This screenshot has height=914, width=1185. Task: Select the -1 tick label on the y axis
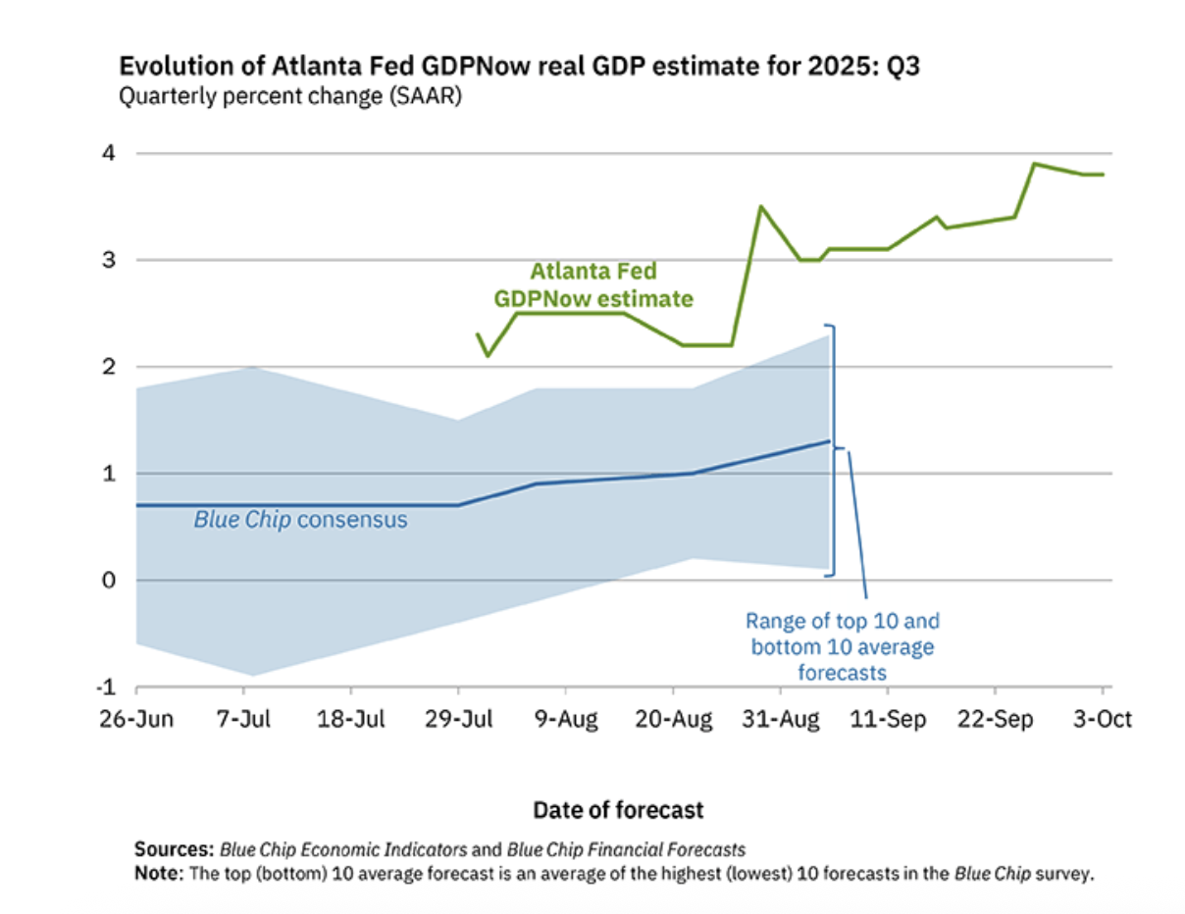(x=110, y=685)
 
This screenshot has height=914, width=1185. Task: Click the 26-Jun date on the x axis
(x=135, y=720)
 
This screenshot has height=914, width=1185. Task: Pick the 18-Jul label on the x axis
(x=351, y=720)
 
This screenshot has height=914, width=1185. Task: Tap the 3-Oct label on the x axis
(x=1101, y=720)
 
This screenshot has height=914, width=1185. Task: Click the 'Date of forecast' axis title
(x=618, y=810)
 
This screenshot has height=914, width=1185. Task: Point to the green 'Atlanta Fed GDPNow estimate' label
(x=593, y=284)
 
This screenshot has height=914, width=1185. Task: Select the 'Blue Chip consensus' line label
(x=300, y=520)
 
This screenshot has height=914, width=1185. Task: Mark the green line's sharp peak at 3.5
(x=760, y=206)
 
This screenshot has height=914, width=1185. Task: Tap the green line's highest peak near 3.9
(x=1035, y=164)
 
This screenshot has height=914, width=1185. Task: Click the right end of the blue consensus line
(x=830, y=441)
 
